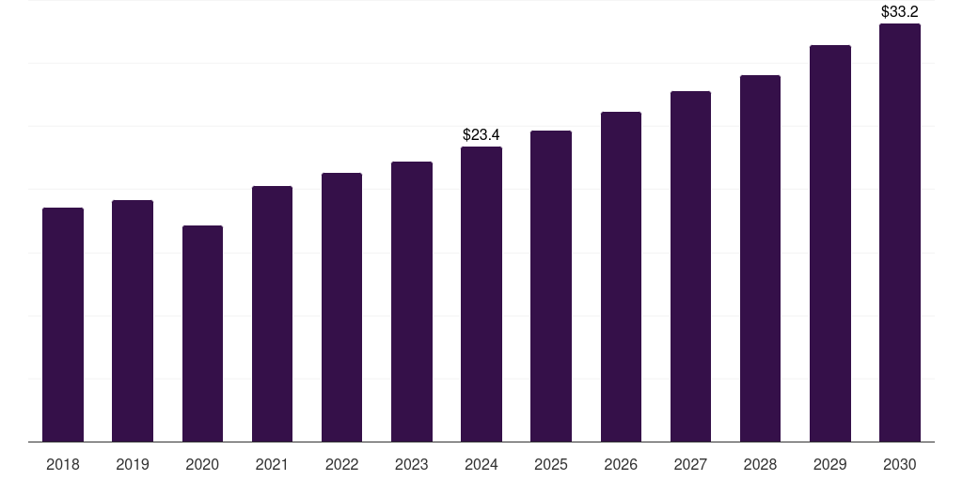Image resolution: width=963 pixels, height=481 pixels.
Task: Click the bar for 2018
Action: click(63, 324)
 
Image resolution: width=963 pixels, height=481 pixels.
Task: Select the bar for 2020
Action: click(202, 334)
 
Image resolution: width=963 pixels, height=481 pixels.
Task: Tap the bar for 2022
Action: click(341, 307)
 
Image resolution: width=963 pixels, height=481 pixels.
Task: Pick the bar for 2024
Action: click(481, 294)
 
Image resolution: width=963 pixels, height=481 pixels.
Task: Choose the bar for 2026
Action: click(621, 276)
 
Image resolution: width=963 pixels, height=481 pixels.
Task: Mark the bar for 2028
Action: click(760, 258)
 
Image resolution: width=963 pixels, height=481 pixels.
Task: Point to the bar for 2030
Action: click(899, 232)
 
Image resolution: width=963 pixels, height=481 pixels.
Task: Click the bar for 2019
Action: click(133, 320)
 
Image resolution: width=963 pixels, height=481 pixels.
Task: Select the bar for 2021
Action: click(272, 314)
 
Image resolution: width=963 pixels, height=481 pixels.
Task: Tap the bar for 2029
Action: click(829, 243)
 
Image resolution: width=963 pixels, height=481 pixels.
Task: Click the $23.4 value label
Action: click(481, 135)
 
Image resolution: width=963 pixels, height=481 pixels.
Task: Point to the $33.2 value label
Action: click(899, 12)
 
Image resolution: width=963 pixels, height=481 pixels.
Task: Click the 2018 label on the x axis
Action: click(63, 464)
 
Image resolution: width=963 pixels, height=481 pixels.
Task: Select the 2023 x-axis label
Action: click(411, 464)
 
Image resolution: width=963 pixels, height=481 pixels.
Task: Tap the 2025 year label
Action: click(551, 464)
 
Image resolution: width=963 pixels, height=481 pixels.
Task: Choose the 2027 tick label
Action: click(690, 464)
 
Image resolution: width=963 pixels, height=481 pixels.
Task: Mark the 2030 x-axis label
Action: click(899, 464)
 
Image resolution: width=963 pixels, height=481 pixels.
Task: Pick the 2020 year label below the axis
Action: click(202, 464)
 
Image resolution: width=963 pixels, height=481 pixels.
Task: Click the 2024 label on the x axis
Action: click(481, 464)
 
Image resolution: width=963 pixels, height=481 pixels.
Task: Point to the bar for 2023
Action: click(411, 302)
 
